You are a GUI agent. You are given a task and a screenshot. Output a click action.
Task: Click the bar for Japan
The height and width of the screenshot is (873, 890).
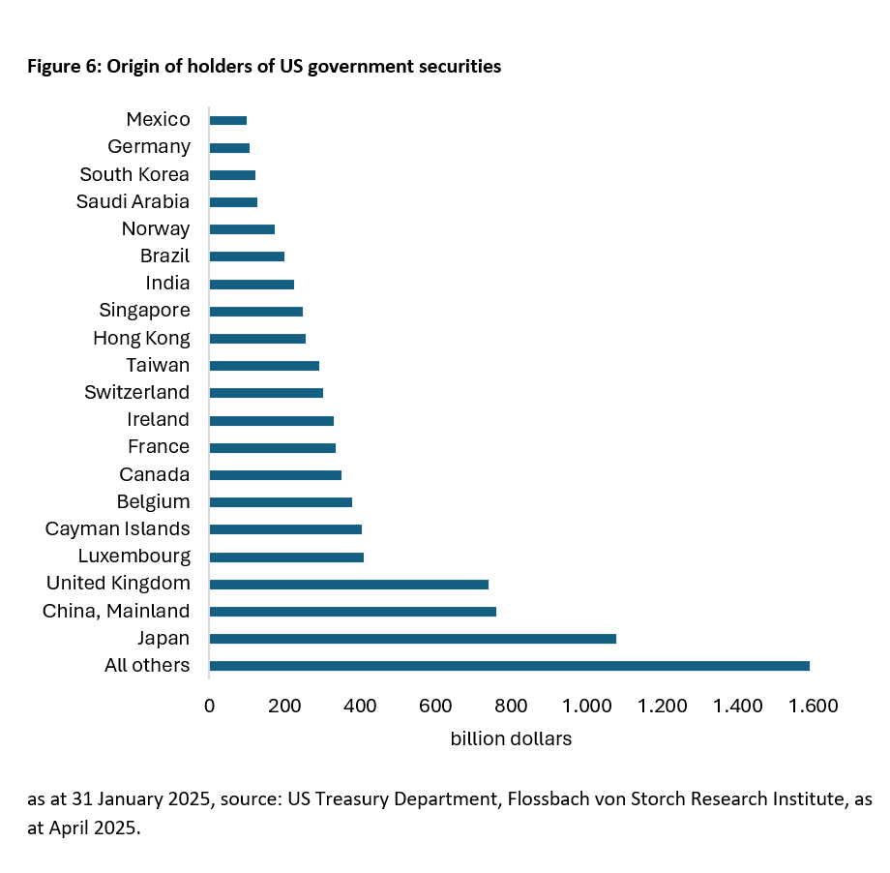pyautogui.click(x=412, y=639)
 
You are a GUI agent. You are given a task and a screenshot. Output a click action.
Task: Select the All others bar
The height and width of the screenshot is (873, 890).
pyautogui.click(x=509, y=666)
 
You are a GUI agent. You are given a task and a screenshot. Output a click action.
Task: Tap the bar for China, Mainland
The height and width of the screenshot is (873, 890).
pyautogui.click(x=352, y=612)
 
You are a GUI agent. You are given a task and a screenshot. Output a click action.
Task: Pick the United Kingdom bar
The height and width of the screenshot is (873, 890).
pyautogui.click(x=348, y=585)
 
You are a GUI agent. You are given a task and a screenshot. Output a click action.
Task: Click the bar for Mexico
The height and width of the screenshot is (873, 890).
pyautogui.click(x=228, y=120)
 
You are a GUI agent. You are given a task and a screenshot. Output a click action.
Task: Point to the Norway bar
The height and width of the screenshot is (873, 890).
pyautogui.click(x=242, y=229)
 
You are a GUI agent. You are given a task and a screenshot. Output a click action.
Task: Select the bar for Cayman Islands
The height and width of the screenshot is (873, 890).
pyautogui.click(x=285, y=529)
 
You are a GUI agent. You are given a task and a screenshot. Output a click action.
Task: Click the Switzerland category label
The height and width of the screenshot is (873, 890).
pyautogui.click(x=136, y=392)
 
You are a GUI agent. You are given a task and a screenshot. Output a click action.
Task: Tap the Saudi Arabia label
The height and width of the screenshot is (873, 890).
pyautogui.click(x=133, y=201)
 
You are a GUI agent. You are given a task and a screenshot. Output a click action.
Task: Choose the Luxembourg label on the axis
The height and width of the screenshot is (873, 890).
pyautogui.click(x=133, y=557)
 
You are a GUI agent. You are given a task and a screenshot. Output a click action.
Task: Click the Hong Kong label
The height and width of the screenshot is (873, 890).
pyautogui.click(x=141, y=338)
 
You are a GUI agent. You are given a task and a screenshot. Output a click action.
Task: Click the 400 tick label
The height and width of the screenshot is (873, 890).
pyautogui.click(x=360, y=706)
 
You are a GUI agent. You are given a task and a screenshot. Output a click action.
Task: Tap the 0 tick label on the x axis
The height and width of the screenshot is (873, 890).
pyautogui.click(x=209, y=706)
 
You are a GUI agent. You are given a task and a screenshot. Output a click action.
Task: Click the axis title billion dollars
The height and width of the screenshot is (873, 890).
pyautogui.click(x=511, y=738)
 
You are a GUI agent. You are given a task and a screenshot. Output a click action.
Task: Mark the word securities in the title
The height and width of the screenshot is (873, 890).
pyautogui.click(x=460, y=67)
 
